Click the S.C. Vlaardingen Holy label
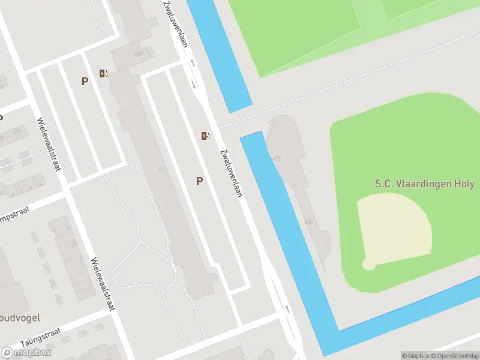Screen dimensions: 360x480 tap(424, 184)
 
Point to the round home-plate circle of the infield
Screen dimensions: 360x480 tap(368, 264)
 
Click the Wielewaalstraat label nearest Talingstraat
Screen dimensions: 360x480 tap(102, 284)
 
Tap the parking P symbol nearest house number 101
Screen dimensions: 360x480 tap(199, 181)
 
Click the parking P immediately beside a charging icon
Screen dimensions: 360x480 tap(85, 81)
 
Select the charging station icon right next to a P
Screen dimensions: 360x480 tap(104, 74)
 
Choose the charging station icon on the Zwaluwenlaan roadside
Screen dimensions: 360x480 tap(206, 136)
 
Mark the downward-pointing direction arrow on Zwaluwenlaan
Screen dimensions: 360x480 tap(193, 84)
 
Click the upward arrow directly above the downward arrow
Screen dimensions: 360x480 tap(193, 63)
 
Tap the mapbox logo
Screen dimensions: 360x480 tap(26, 353)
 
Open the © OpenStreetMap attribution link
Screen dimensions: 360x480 tap(451, 356)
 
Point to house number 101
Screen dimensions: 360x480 tap(162, 169)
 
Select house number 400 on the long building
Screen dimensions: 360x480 tap(309, 223)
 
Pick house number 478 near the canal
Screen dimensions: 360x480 tap(277, 158)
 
